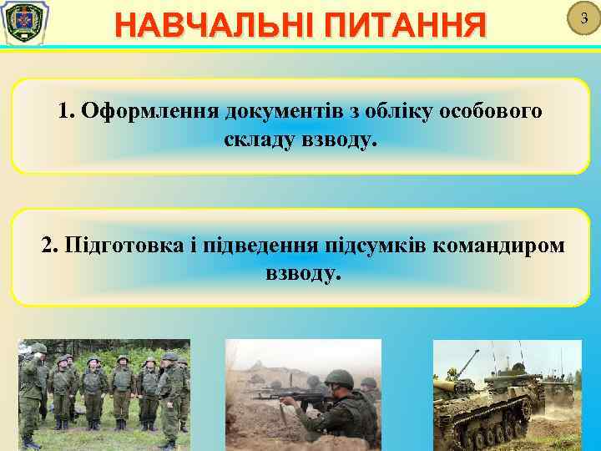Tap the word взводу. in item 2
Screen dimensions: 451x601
point(302,272)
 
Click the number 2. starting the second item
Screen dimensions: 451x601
point(50,246)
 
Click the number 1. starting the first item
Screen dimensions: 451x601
point(66,112)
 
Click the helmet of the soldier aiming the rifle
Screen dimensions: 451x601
point(337,378)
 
